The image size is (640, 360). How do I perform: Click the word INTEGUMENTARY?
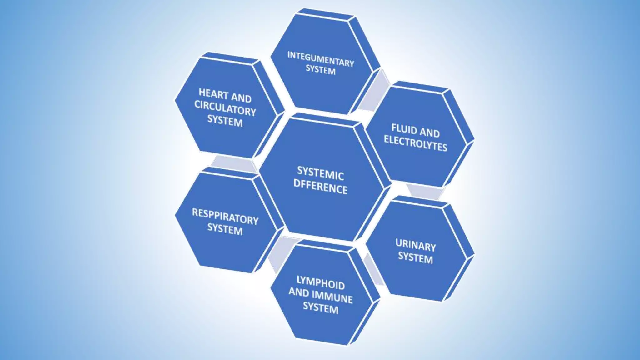[x=321, y=59]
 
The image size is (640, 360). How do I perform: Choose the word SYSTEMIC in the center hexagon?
[x=320, y=173]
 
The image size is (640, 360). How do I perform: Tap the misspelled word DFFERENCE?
[x=320, y=187]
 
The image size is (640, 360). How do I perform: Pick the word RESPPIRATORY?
[x=225, y=217]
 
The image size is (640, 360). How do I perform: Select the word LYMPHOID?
[x=321, y=282]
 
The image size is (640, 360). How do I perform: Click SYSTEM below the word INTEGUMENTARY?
[x=321, y=70]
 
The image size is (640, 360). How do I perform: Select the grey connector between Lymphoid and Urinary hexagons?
[x=373, y=269]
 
